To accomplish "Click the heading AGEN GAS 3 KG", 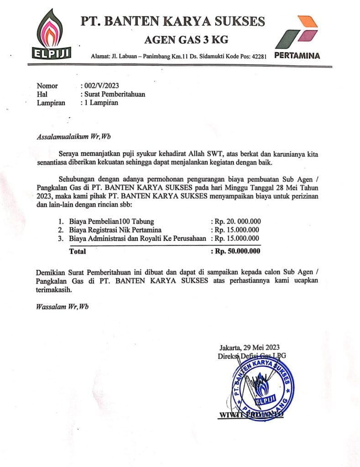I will [x=173, y=41].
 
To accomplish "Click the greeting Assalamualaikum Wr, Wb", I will [x=74, y=136].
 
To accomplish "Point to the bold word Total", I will [x=77, y=251].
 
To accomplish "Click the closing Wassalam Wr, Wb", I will [x=62, y=306].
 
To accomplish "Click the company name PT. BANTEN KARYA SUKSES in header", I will [x=173, y=21].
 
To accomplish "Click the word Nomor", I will [x=47, y=86].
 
